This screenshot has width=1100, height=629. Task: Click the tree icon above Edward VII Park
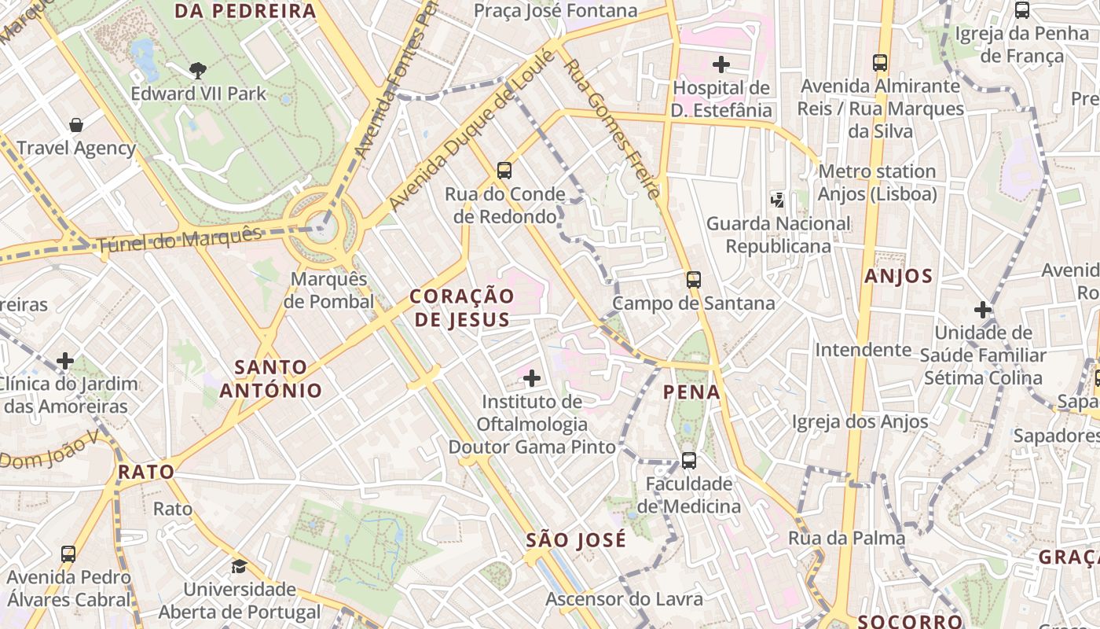click(x=197, y=70)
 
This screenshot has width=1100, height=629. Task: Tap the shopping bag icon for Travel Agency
click(x=76, y=124)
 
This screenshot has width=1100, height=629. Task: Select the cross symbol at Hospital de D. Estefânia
click(x=720, y=64)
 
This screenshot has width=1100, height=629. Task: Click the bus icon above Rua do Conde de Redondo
click(x=504, y=170)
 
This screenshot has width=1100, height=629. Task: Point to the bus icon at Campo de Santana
click(x=693, y=279)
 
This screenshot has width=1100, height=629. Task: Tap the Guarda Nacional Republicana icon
click(x=778, y=200)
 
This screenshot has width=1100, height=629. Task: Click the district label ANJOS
click(x=898, y=276)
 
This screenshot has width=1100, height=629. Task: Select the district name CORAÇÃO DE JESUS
click(x=462, y=307)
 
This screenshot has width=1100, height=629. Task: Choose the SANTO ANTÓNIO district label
click(x=271, y=378)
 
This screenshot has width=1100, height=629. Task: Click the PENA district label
click(x=691, y=392)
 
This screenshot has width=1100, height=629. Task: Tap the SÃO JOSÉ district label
click(x=576, y=539)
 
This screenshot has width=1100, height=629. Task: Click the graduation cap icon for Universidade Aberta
click(x=239, y=566)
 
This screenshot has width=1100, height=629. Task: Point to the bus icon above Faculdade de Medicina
click(x=688, y=460)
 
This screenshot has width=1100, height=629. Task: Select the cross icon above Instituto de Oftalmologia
click(x=532, y=378)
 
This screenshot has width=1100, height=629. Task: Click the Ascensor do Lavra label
click(x=624, y=599)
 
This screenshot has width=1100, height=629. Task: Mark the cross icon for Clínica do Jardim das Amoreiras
click(x=65, y=361)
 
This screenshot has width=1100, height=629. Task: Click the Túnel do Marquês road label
click(x=179, y=238)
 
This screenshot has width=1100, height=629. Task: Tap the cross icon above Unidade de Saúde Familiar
click(x=982, y=309)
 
